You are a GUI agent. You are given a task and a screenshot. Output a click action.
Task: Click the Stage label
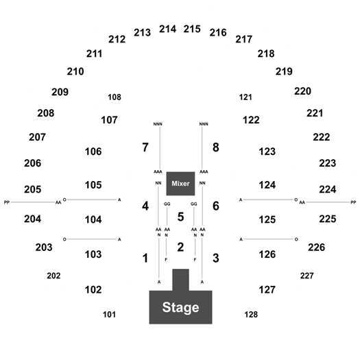coord(180,307)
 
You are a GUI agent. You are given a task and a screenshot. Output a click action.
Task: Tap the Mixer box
coord(180,184)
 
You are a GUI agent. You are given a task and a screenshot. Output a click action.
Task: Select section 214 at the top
coord(167,29)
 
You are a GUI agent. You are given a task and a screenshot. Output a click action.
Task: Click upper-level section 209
coord(60,92)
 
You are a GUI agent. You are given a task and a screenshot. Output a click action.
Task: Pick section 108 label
coord(115,97)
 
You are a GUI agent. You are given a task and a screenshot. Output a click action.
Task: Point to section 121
coord(245,97)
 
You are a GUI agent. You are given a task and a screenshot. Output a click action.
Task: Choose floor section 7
coord(145,147)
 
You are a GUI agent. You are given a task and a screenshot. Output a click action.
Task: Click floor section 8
coord(215,147)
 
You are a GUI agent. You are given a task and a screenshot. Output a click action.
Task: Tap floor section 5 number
coord(180,217)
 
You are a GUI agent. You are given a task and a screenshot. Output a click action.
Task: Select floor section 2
coord(180,247)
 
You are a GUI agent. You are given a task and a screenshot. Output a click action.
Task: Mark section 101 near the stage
coord(109,314)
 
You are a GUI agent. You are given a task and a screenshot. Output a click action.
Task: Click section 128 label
coord(251,314)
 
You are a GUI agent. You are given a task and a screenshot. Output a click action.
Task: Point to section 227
coord(307,276)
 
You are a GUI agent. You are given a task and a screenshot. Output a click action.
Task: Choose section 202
coord(53,276)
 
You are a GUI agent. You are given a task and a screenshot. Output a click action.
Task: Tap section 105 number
coord(93,185)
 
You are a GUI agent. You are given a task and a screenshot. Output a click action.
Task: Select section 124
coord(267,185)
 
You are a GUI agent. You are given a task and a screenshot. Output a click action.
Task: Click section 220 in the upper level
coord(302,91)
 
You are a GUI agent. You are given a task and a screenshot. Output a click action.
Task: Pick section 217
coord(244,39)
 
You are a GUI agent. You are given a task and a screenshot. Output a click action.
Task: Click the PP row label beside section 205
coord(7,202)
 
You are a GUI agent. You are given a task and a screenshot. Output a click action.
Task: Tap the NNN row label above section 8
coord(204,124)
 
